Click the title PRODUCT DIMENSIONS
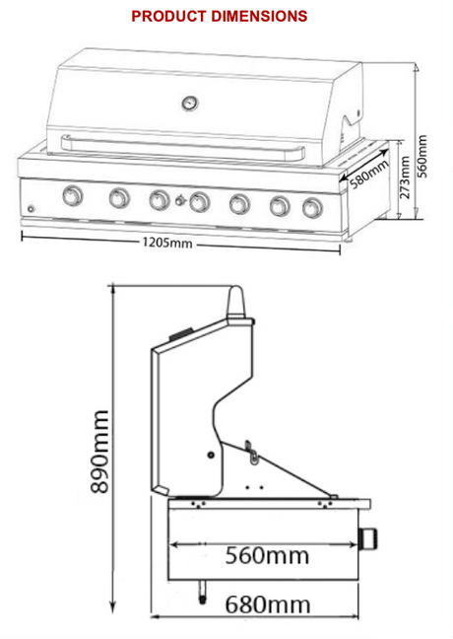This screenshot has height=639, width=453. [x=219, y=16]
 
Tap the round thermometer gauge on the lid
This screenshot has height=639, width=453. [x=186, y=101]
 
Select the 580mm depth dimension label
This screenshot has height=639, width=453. [x=368, y=174]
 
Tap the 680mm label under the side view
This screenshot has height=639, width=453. [x=267, y=603]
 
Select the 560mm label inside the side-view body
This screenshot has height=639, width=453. [x=264, y=555]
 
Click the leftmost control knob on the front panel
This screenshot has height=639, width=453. [x=72, y=196]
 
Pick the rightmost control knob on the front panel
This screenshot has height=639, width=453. [x=313, y=207]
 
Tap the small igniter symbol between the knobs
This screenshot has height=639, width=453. [x=178, y=201]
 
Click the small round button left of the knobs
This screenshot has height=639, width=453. [x=31, y=210]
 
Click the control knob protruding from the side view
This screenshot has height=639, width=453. [x=371, y=538]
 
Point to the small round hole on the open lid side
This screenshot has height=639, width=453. [x=212, y=454]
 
